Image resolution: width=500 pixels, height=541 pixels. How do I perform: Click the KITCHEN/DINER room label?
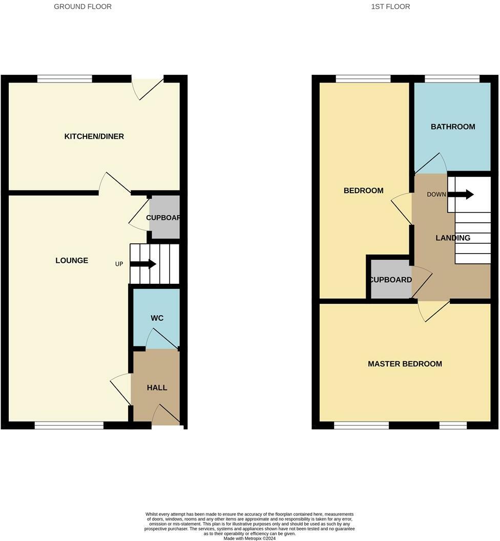tap(94, 136)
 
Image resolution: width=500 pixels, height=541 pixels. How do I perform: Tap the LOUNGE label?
tap(72, 260)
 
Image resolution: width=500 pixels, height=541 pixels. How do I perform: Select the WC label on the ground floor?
tap(157, 318)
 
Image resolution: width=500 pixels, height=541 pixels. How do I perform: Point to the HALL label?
tap(157, 388)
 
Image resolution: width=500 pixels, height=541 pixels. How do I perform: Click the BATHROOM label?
tap(453, 127)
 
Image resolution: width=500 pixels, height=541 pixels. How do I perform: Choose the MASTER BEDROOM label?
tap(405, 364)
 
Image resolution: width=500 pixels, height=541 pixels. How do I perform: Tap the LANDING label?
tap(453, 238)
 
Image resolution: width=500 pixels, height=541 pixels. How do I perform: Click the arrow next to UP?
tap(143, 264)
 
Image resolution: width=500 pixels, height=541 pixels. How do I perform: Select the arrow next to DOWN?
tap(461, 194)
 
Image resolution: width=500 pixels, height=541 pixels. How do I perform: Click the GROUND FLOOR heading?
tap(83, 7)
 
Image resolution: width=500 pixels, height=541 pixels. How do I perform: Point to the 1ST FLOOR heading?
tap(390, 7)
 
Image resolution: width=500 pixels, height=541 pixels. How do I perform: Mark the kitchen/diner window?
tap(65, 79)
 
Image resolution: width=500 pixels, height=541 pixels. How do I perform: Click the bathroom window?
tap(452, 79)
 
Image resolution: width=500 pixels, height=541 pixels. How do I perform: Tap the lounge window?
tap(69, 425)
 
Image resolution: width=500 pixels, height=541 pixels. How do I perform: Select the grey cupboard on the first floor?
tap(390, 279)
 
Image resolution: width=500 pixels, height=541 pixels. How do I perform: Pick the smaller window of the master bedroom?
tap(453, 425)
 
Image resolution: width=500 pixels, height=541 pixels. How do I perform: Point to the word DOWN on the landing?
tap(436, 195)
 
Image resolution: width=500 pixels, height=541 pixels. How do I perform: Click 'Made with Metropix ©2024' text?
tap(249, 538)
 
